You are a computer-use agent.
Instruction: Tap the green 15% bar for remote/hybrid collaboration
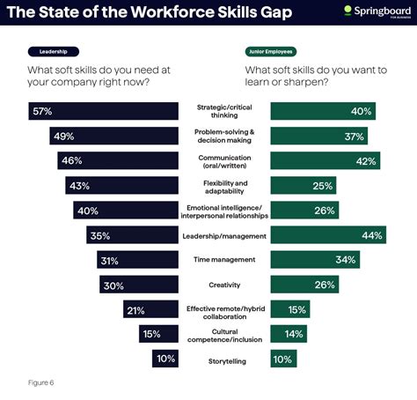tap(289, 309)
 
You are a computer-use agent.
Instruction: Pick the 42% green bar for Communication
tap(326, 160)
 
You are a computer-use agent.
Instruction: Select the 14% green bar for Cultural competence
tap(289, 334)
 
